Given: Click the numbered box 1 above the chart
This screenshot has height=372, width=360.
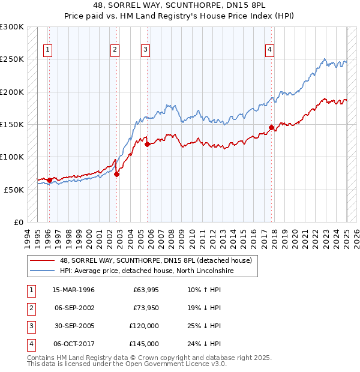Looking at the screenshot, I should tap(48, 50).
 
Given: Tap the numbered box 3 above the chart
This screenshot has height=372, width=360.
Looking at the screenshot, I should tap(146, 50).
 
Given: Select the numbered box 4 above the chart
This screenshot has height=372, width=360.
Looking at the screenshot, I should tap(270, 50).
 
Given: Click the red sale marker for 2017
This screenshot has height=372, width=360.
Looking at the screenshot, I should tap(272, 127).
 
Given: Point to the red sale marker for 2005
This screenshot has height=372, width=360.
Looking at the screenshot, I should tap(147, 144).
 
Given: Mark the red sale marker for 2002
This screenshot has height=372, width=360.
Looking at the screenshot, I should tap(117, 174).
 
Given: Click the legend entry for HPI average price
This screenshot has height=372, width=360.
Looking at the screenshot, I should tap(146, 271).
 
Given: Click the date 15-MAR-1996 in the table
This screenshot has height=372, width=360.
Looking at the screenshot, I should tap(73, 290).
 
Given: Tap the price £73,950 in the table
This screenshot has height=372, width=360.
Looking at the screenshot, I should tap(146, 308).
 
